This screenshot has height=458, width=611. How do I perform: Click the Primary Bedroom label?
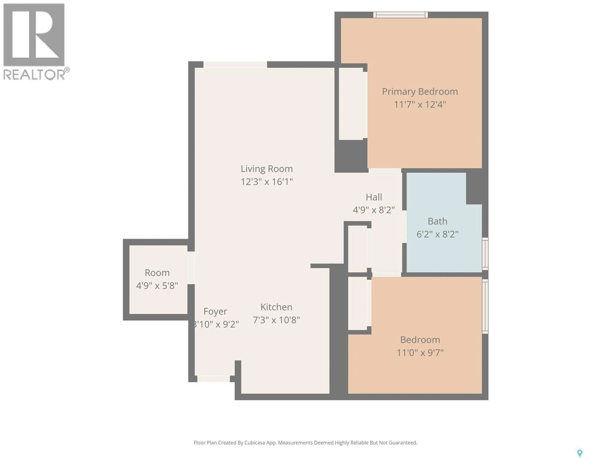point(420,91)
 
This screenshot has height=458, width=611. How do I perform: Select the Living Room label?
point(267,169)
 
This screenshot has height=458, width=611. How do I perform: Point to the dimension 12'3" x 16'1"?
point(267,182)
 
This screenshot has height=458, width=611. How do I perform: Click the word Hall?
point(374,197)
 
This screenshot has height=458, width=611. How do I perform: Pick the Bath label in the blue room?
point(437,221)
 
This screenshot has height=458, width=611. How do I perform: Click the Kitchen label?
point(276,307)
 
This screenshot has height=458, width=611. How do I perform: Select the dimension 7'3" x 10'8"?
point(276,320)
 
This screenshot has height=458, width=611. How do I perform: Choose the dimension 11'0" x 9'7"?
point(420,353)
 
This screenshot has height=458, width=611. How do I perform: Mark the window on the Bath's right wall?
point(485,254)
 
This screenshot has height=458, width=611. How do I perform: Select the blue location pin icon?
point(580,453)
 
